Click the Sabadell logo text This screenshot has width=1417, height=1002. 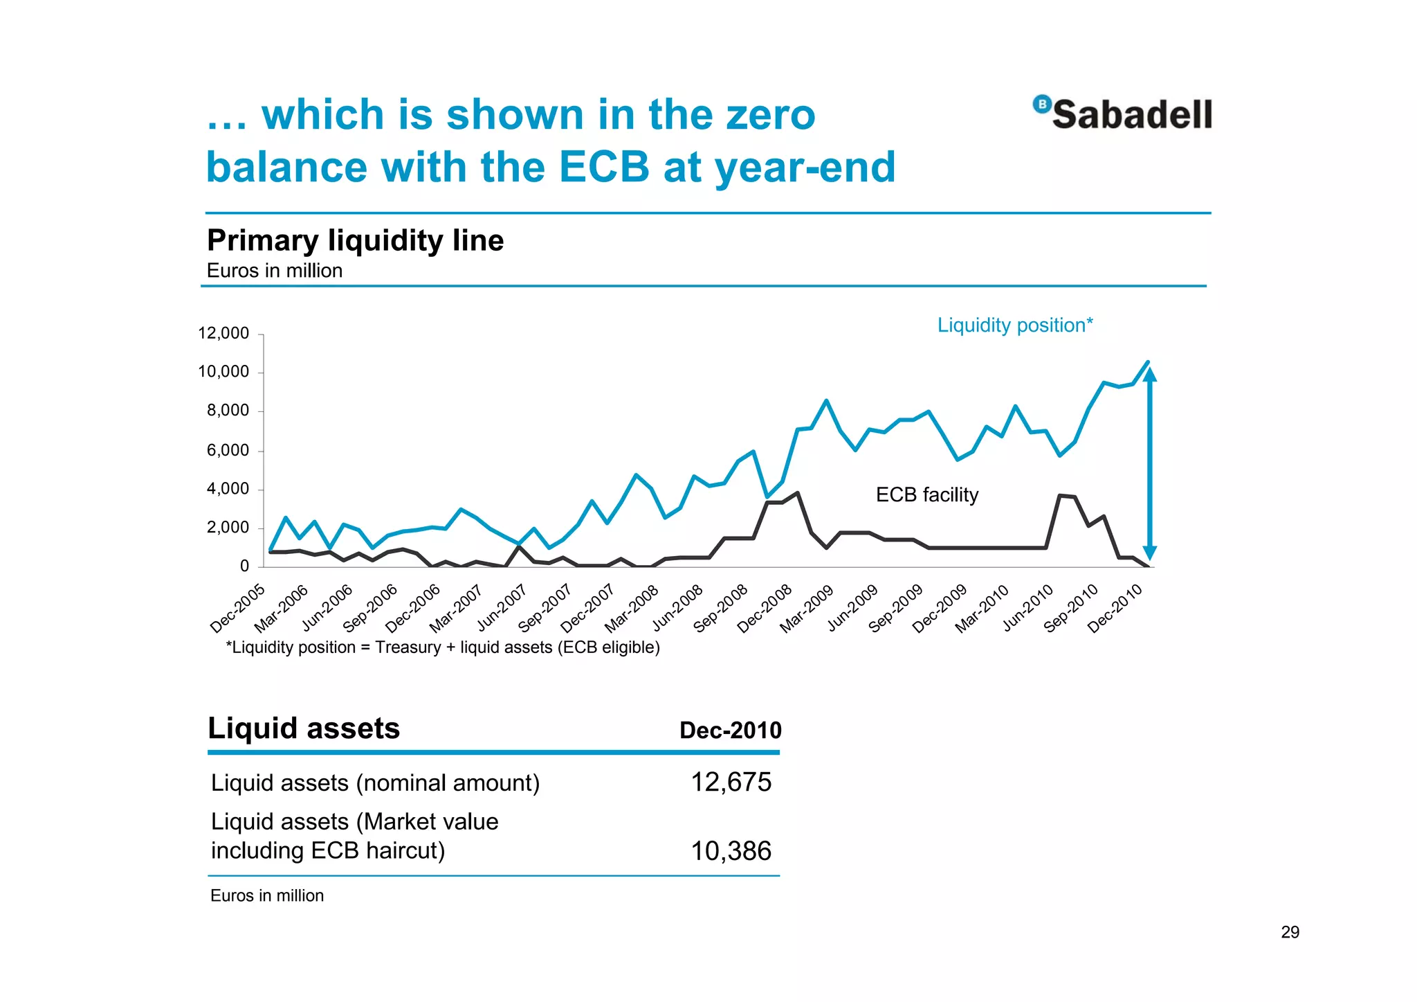coord(1132,114)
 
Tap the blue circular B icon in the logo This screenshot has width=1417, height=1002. coord(1041,104)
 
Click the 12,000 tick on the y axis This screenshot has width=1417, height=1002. coord(223,333)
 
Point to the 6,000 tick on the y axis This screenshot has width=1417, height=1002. coord(228,450)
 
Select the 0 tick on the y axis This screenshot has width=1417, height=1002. coord(244,566)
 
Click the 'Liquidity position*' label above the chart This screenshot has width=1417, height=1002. coord(1015,325)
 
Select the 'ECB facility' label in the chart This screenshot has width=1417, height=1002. coord(927,494)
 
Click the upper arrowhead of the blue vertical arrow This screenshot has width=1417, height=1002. coord(1149,375)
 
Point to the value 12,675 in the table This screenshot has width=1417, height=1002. coord(731,782)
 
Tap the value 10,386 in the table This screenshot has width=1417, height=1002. coord(731,851)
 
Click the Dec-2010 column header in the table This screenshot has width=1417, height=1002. coord(730,730)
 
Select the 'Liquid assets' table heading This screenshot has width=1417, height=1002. coord(304,728)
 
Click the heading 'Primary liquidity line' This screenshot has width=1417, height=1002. coord(355,240)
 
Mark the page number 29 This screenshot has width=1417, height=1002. coord(1290,932)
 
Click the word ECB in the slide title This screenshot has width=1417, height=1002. coord(603,167)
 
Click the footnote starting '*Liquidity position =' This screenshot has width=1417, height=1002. coord(443,647)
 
